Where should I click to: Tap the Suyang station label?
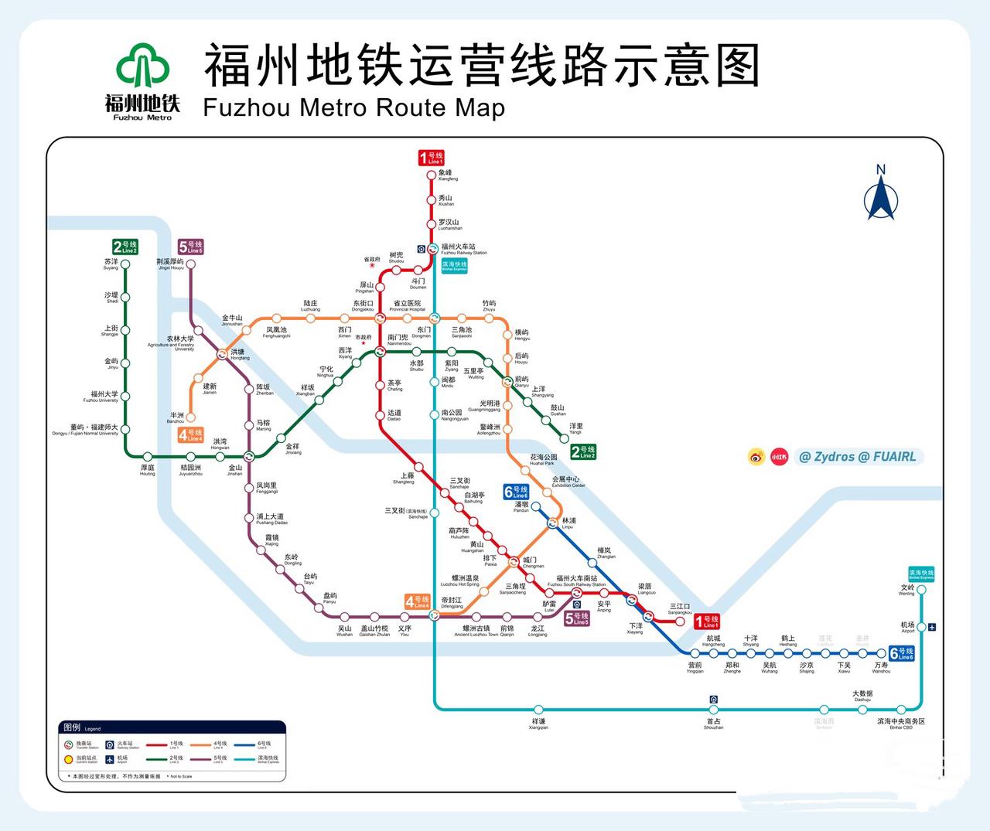click(x=111, y=264)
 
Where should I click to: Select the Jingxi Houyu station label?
click(x=170, y=264)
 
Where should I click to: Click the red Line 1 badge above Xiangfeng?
click(x=432, y=158)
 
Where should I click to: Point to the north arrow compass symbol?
click(x=880, y=193)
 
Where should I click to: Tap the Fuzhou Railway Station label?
click(x=463, y=249)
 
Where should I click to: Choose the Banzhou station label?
click(x=176, y=417)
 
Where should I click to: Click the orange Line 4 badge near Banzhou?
click(x=190, y=435)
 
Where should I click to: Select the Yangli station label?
click(x=575, y=428)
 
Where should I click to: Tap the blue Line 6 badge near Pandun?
click(x=516, y=492)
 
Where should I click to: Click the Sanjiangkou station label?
click(x=680, y=608)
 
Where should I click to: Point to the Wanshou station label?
click(x=881, y=667)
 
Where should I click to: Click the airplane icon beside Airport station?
click(x=933, y=627)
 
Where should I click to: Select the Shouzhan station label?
click(x=713, y=724)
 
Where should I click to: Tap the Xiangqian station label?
click(x=538, y=724)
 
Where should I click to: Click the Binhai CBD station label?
click(x=901, y=724)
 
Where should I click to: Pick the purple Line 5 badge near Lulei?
click(x=576, y=618)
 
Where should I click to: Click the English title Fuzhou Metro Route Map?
click(x=353, y=107)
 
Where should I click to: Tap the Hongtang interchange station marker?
click(x=224, y=355)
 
